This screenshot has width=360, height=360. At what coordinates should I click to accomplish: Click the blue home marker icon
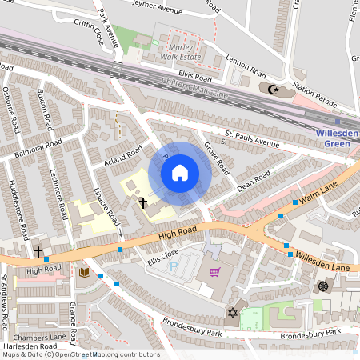[179, 173]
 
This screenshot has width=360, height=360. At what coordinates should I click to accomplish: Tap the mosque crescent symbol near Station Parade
[274, 90]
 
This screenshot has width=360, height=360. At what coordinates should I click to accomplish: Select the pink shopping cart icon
[214, 272]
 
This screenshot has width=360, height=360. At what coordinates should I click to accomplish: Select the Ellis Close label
[140, 258]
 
